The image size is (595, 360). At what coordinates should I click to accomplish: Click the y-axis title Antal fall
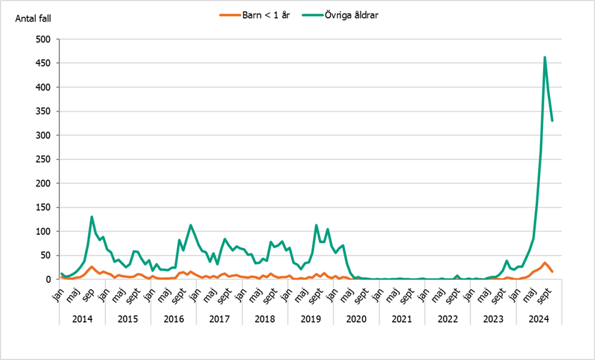click(34, 19)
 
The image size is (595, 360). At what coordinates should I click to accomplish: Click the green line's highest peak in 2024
click(545, 57)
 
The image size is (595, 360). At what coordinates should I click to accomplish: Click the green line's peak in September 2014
click(92, 216)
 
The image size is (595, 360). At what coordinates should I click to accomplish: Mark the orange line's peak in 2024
click(545, 263)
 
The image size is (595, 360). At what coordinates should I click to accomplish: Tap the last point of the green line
click(552, 121)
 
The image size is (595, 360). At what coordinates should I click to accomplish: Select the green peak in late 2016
click(191, 225)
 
